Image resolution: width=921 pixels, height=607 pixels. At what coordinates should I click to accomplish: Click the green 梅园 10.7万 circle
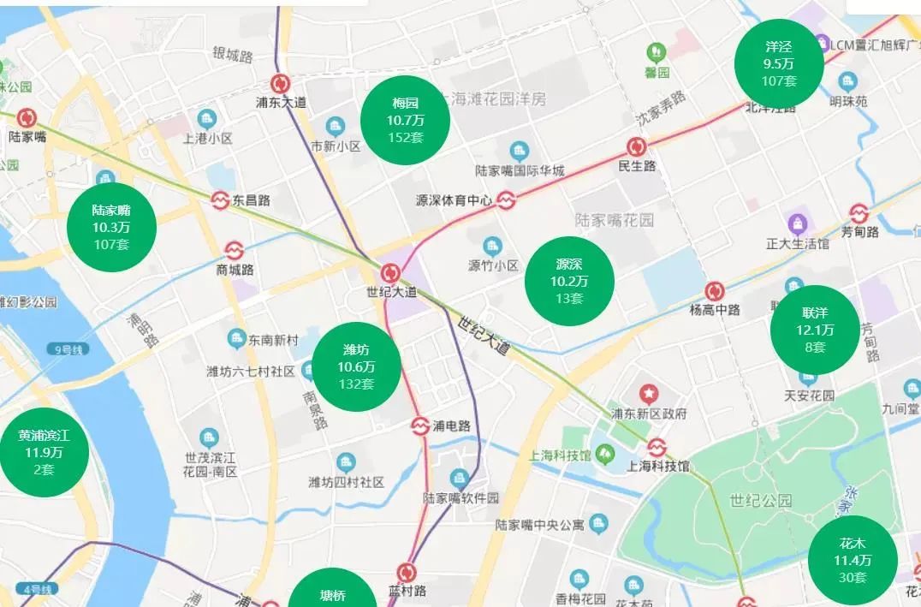point(405,119)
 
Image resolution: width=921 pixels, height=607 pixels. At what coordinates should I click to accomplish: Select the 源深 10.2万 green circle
point(569,280)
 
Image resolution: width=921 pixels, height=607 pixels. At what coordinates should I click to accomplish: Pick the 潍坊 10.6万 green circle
point(356,366)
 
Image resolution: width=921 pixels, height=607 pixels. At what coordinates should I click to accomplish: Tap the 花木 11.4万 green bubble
point(853,560)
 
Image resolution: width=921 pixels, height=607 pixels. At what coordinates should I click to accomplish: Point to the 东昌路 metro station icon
point(221,200)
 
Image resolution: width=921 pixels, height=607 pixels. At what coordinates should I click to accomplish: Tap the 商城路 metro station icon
point(234,250)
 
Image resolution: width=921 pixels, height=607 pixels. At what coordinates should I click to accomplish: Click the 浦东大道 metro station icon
point(281,84)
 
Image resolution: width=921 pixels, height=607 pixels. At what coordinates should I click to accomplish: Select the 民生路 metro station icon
point(636,147)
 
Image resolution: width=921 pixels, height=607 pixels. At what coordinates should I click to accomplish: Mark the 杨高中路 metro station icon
point(715,291)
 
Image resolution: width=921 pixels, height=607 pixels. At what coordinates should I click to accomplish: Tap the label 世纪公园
point(761,501)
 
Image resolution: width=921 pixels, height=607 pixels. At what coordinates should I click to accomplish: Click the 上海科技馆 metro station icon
point(657,448)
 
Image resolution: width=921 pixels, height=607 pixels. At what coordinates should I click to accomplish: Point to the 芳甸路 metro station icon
point(859,212)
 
